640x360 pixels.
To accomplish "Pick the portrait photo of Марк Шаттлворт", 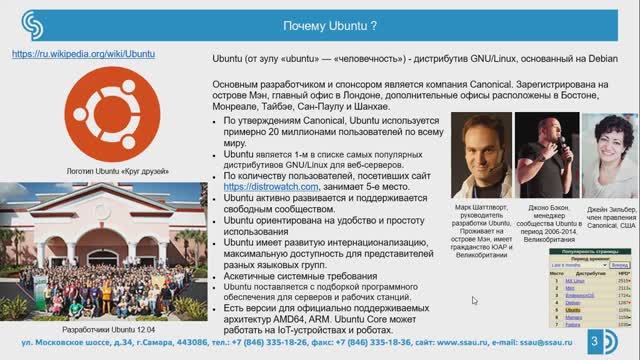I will click(x=479, y=155).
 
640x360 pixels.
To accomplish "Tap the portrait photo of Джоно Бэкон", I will click(x=544, y=155).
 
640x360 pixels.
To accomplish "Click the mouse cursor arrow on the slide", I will click(x=475, y=300).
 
